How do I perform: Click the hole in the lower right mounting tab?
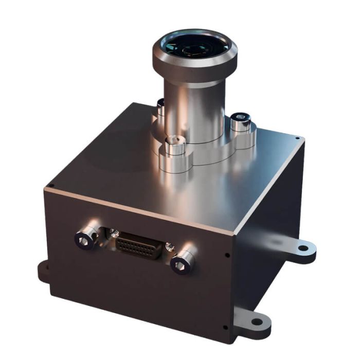click(x=257, y=322)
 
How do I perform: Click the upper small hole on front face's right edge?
click(x=228, y=255)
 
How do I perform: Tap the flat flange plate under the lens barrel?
click(x=206, y=149)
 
